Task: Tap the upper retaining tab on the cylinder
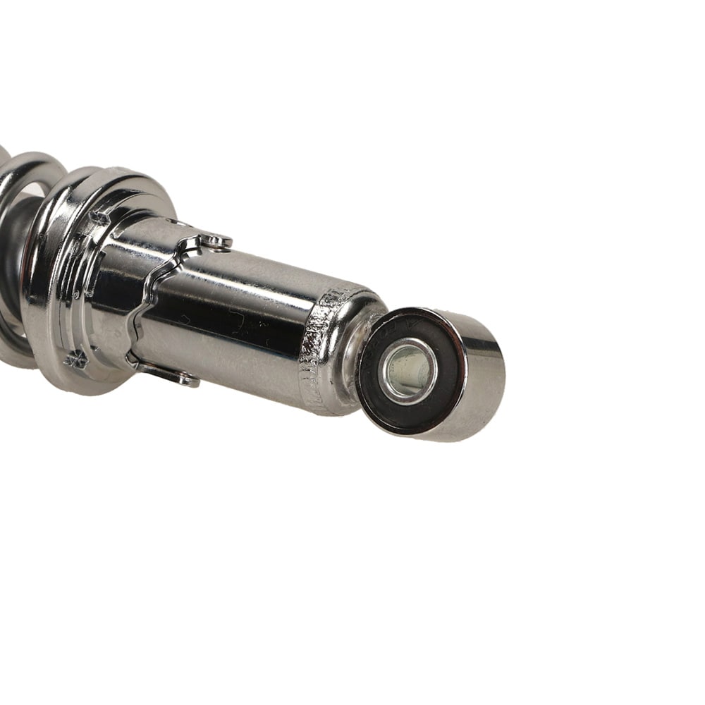click(214, 242)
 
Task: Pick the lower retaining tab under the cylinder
click(176, 377)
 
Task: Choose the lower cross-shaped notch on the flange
click(76, 359)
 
